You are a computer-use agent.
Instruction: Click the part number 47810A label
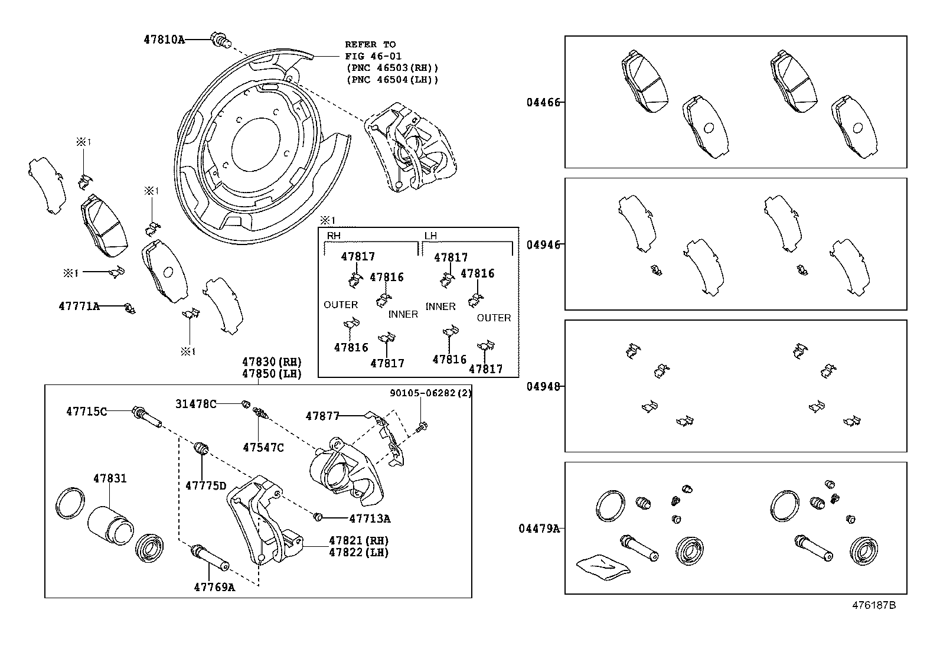pos(164,40)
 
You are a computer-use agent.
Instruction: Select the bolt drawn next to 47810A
pos(219,40)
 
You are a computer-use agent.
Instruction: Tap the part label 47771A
pos(79,306)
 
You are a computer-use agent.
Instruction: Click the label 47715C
pos(86,411)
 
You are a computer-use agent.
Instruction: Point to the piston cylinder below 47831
pos(111,524)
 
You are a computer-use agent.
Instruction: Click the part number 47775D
pos(205,485)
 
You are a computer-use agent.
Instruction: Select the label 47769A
pos(214,587)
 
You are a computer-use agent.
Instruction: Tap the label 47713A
pos(370,518)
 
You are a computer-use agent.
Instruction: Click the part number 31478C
pos(195,404)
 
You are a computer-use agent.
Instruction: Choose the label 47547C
pos(263,448)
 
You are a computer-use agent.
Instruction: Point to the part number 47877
pos(322,416)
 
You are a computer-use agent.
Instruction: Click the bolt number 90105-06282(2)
pos(430,393)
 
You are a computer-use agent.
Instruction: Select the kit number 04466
pos(542,102)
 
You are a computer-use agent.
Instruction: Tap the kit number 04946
pos(542,244)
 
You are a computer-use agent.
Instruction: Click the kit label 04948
pos(542,386)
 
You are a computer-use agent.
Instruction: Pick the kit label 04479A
pos(538,528)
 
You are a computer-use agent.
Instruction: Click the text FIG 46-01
pos(370,56)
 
